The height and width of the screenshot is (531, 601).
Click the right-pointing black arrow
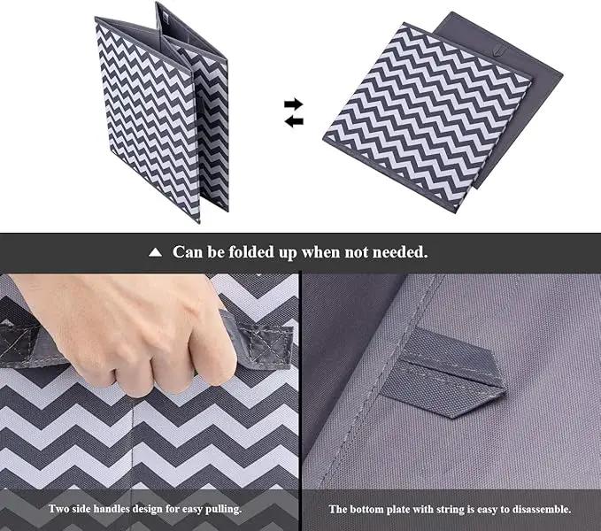tap(294, 104)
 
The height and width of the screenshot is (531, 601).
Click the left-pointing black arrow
tap(294, 121)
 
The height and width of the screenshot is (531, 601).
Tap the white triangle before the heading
tap(155, 252)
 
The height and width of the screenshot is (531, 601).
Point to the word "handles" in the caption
tap(112, 509)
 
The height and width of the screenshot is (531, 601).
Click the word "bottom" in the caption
tap(364, 509)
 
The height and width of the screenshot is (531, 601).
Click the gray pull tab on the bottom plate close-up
tap(443, 372)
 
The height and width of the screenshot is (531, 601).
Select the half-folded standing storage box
tap(161, 112)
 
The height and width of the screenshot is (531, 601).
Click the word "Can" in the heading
tap(187, 252)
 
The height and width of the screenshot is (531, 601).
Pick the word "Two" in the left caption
tap(58, 509)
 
